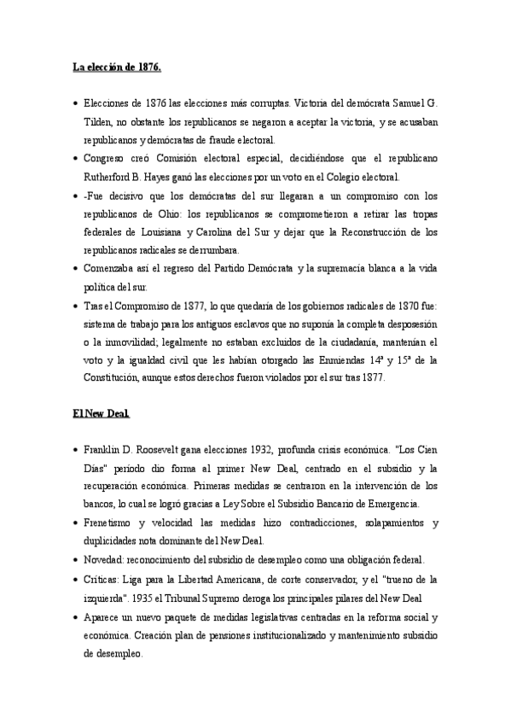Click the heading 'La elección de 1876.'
click(x=116, y=67)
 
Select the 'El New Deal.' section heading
click(x=101, y=413)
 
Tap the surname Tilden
click(x=99, y=122)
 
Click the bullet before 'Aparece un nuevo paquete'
click(x=76, y=616)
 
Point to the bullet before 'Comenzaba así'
click(x=76, y=269)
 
